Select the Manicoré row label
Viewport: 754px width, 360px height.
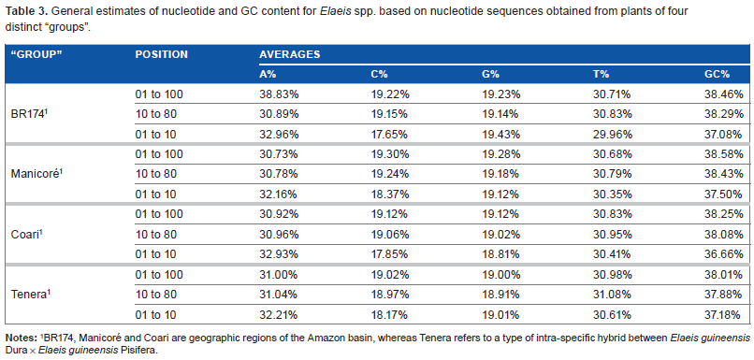pos(36,173)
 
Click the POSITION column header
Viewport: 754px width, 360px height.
pos(161,54)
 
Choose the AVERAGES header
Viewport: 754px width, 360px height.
pos(289,54)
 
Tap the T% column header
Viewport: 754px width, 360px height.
pos(602,74)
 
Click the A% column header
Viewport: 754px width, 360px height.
pos(268,74)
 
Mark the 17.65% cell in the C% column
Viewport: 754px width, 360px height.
pos(390,134)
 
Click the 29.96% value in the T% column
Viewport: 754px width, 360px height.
pos(613,134)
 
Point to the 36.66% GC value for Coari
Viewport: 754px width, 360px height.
pos(724,254)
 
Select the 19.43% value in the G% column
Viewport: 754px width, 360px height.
pos(501,134)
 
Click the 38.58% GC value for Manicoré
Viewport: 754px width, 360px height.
pos(724,154)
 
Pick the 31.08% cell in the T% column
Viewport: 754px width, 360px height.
pos(613,295)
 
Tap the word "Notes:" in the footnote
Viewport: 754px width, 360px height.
pos(19,336)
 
